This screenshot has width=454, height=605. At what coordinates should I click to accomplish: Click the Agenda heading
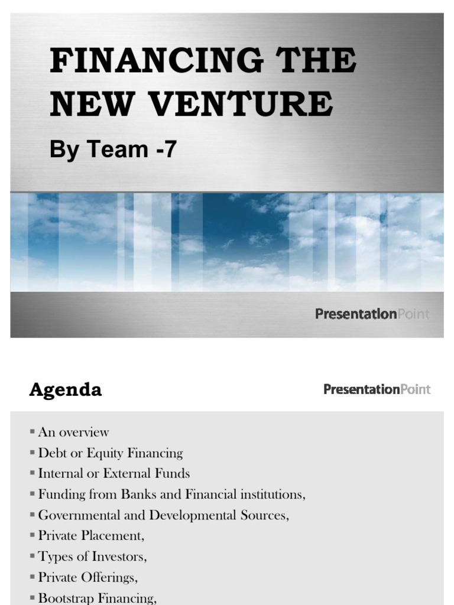66,390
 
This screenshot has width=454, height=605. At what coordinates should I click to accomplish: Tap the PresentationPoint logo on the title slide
372,314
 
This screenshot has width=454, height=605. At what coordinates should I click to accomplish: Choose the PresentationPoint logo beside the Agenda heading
377,389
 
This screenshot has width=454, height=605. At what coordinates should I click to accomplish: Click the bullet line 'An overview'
73,432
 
